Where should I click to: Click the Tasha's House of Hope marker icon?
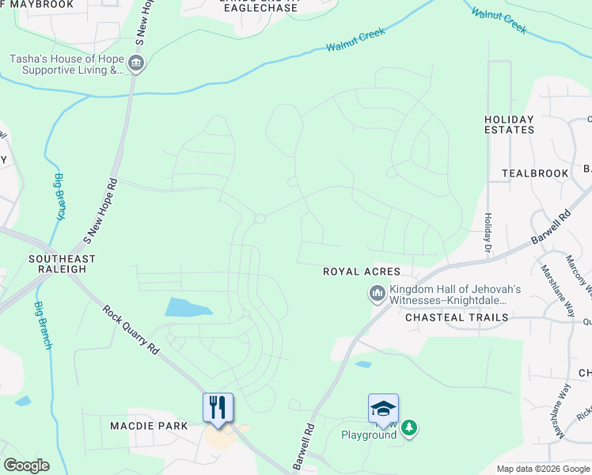(x=136, y=63)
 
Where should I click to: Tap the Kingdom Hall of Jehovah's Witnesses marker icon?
(x=377, y=294)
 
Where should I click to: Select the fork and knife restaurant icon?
(x=218, y=407)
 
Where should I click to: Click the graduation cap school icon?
(x=383, y=408)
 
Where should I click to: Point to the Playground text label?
(x=368, y=435)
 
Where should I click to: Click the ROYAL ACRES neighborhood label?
(x=362, y=272)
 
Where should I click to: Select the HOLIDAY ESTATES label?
(x=510, y=124)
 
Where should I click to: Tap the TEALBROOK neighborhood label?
(x=535, y=173)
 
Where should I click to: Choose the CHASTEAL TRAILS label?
(x=456, y=317)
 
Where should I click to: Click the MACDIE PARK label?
(x=150, y=426)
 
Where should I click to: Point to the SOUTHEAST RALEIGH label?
(x=62, y=264)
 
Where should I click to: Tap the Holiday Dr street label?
(x=488, y=234)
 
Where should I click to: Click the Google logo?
(x=26, y=465)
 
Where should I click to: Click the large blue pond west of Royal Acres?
(x=188, y=307)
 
